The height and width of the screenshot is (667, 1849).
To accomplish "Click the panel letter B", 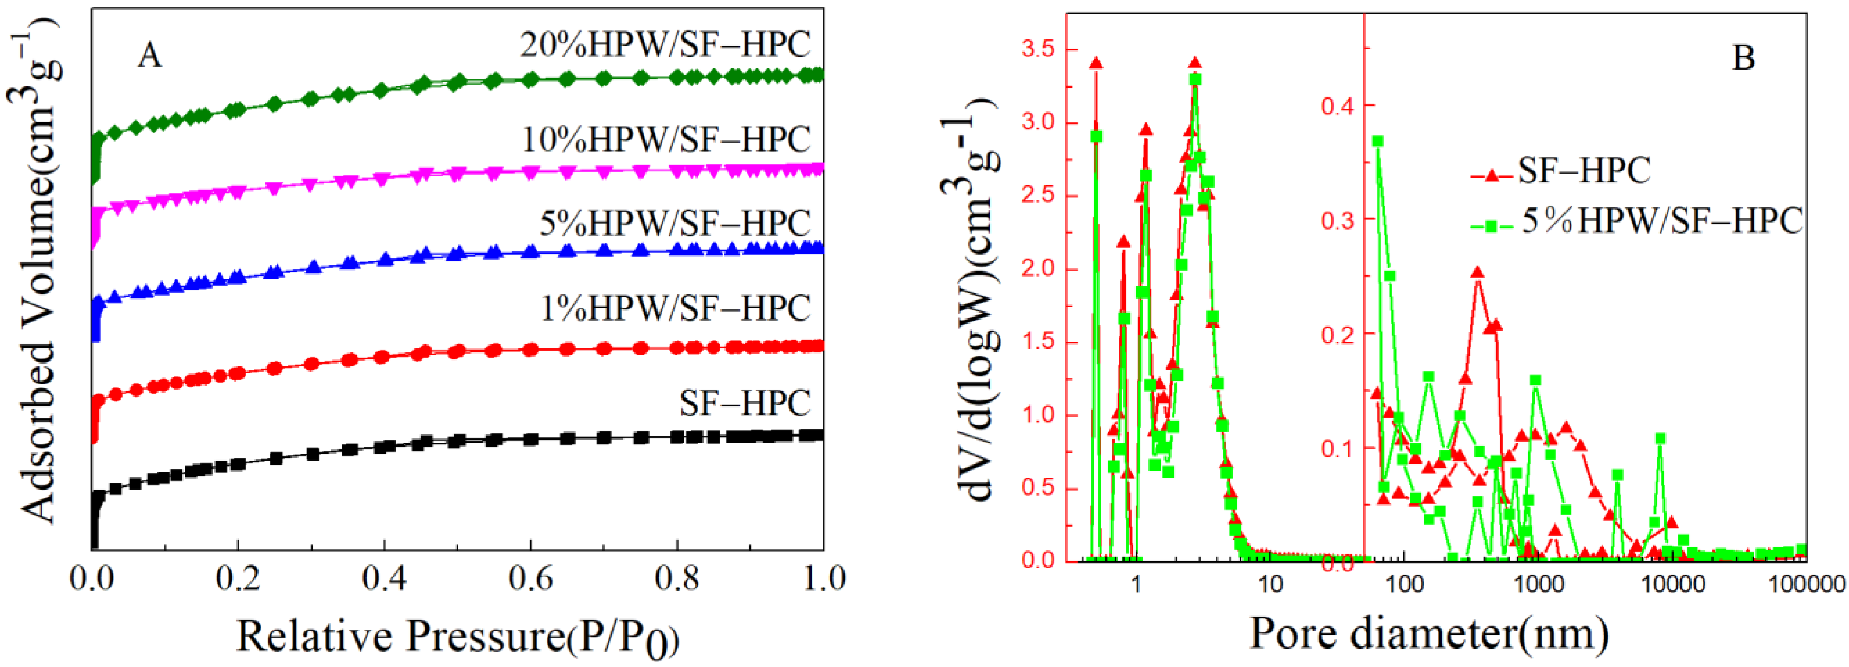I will point(1743,57).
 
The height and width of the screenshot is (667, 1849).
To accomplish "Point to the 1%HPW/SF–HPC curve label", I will point(675,308).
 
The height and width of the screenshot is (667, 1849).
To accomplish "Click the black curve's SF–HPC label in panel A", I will point(744,403).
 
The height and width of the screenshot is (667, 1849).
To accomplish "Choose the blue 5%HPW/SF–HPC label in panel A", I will point(675,223).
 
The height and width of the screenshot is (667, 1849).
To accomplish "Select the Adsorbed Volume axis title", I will point(37,273).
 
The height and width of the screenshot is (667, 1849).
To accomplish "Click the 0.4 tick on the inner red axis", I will point(1337,105).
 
